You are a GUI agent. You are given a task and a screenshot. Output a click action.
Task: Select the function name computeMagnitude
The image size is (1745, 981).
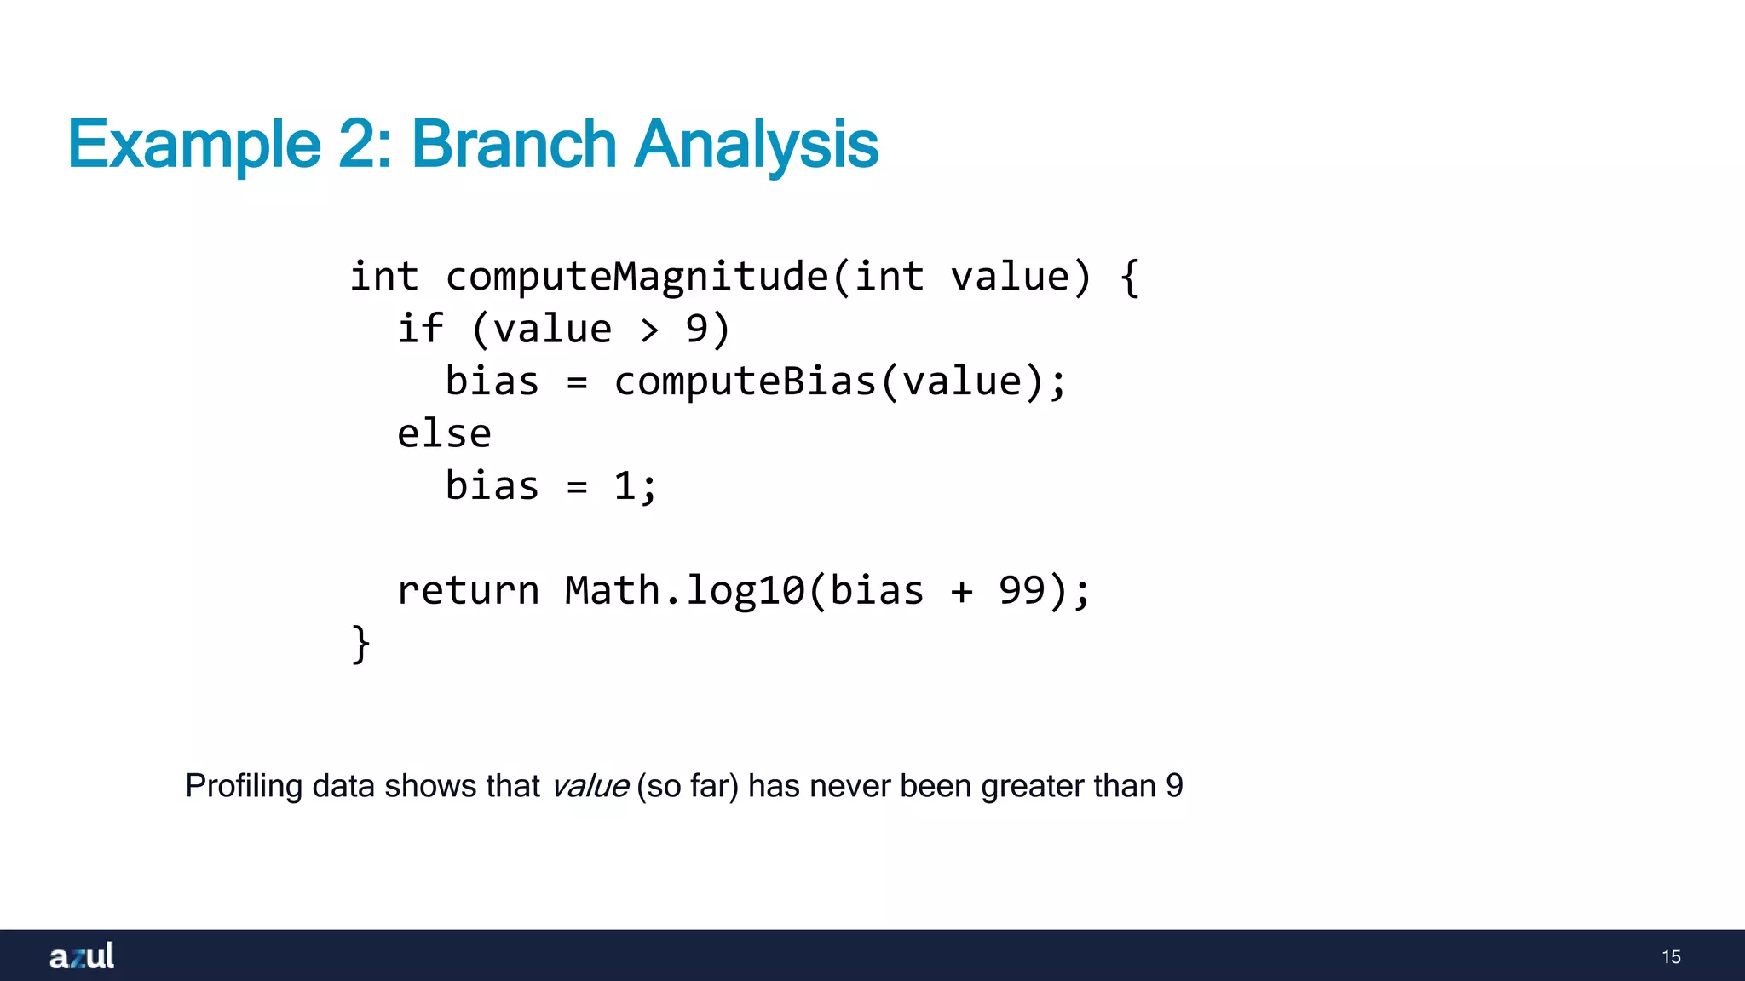636,277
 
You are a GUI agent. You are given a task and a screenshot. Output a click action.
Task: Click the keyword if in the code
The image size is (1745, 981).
420,329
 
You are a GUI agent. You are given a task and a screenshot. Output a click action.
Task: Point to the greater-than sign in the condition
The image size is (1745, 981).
649,330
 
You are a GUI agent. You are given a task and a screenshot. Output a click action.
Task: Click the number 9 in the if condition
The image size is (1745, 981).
696,329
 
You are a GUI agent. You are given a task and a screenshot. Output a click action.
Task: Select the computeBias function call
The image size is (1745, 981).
744,381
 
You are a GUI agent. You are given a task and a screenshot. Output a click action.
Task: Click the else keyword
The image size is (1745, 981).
444,434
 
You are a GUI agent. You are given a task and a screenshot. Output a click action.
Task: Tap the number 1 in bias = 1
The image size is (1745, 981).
625,486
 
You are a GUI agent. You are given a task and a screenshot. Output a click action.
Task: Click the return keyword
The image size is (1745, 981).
468,591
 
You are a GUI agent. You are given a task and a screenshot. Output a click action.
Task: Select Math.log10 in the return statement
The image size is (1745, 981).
684,591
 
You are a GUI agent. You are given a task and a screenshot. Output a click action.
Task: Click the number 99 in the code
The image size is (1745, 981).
1022,591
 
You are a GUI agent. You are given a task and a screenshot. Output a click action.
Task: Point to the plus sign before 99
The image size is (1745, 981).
961,592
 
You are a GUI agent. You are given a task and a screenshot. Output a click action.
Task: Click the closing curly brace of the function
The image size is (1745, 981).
360,644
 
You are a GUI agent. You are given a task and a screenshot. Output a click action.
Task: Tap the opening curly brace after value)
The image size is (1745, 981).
1130,278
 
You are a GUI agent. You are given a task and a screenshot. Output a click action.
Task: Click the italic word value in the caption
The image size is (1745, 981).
590,786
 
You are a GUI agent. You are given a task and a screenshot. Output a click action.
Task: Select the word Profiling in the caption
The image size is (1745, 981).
244,786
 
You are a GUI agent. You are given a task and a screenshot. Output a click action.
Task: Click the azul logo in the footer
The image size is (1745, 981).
82,956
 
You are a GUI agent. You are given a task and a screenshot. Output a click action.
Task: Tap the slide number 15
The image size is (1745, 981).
1671,957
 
